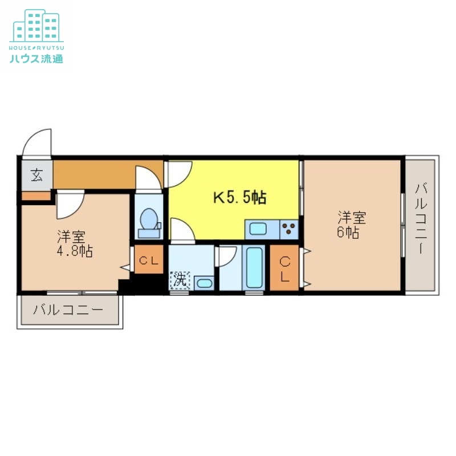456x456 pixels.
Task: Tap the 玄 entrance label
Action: point(36,176)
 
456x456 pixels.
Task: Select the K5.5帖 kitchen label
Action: point(239,198)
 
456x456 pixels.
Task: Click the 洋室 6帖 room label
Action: point(352,225)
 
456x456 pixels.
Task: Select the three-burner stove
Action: point(290,230)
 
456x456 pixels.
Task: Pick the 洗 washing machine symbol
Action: point(180,280)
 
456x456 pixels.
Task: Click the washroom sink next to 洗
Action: point(203,282)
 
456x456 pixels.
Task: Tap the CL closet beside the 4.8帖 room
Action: point(149,260)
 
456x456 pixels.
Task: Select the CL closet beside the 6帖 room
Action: point(284,267)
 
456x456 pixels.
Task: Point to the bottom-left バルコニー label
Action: point(68,311)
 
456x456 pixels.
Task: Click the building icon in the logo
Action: point(36,26)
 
